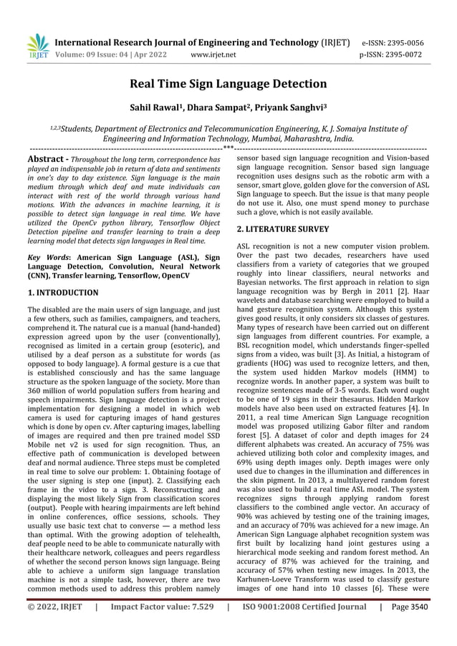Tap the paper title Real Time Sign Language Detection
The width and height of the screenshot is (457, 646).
228,85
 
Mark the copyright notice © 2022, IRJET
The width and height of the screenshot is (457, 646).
55,627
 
